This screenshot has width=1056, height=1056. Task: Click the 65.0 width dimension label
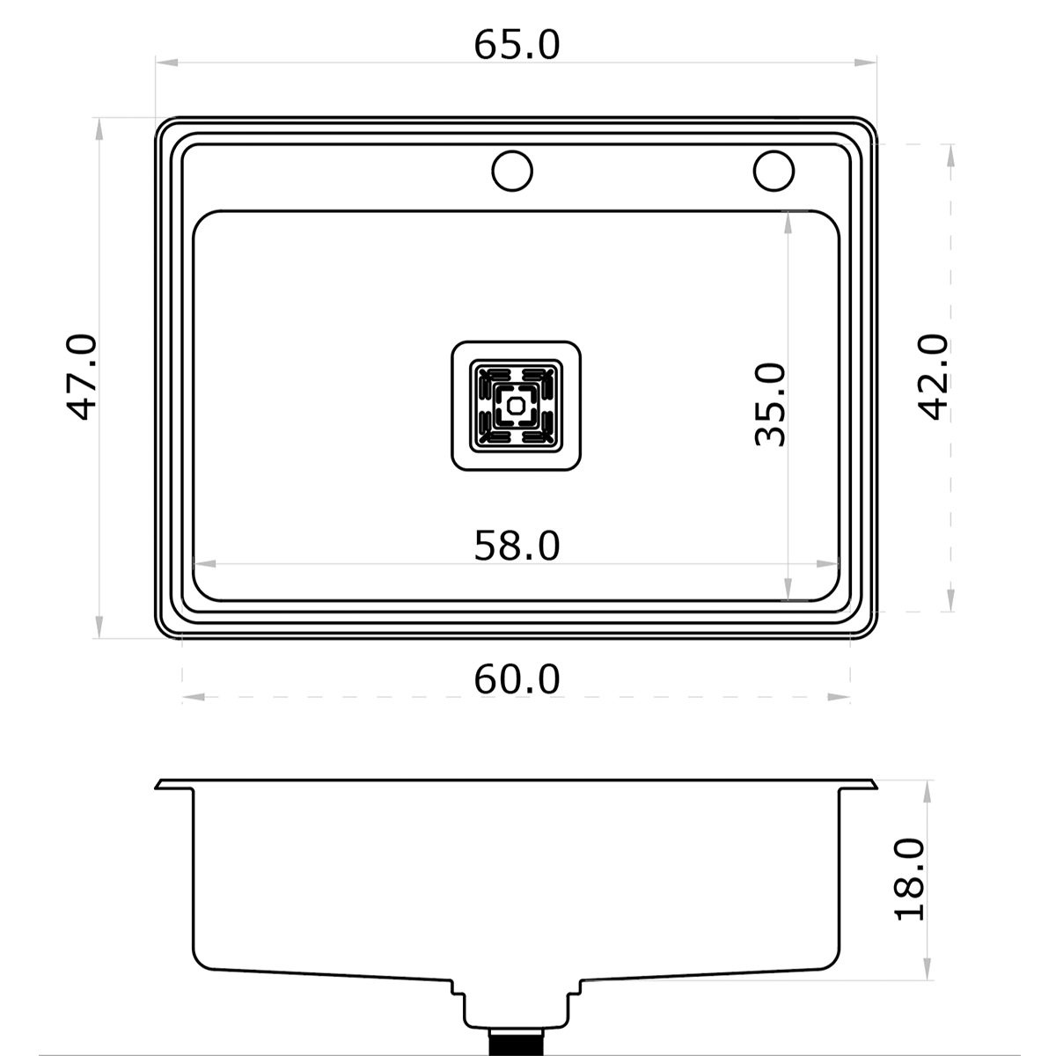(517, 46)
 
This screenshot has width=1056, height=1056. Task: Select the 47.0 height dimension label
(82, 377)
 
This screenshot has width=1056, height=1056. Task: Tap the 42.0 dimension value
(933, 377)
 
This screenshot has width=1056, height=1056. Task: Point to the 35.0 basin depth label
(771, 405)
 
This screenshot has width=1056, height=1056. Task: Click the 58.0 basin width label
(517, 546)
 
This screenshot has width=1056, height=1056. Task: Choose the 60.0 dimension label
(517, 680)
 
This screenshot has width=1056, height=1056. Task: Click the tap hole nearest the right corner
(774, 171)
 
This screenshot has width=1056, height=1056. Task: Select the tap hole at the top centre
(512, 171)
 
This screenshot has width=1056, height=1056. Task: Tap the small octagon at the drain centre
(515, 406)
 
